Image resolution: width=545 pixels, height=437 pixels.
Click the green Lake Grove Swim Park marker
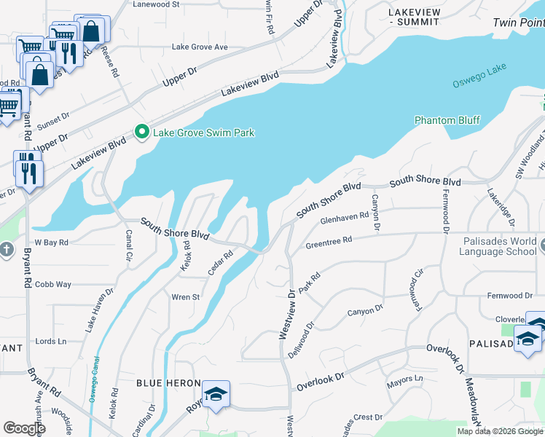(x=142, y=132)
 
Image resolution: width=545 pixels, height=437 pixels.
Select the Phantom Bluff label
(x=447, y=120)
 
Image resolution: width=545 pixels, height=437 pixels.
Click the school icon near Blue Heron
(x=216, y=394)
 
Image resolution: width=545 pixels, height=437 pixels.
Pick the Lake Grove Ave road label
(x=200, y=47)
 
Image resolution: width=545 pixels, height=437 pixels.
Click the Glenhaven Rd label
(x=344, y=219)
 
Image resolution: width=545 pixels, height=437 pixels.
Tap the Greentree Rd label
(x=329, y=240)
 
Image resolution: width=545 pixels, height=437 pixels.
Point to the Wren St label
(x=185, y=297)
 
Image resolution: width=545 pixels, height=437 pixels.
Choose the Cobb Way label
(x=53, y=284)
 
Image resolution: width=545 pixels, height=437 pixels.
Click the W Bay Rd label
(x=51, y=242)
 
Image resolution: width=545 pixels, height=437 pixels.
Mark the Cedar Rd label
(x=219, y=263)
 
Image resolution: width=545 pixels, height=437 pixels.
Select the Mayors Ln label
(x=404, y=379)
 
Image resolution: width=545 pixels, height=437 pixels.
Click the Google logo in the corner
(x=25, y=428)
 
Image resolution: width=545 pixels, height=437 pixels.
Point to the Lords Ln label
(x=51, y=341)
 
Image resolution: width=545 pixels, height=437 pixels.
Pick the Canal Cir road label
(x=128, y=245)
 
